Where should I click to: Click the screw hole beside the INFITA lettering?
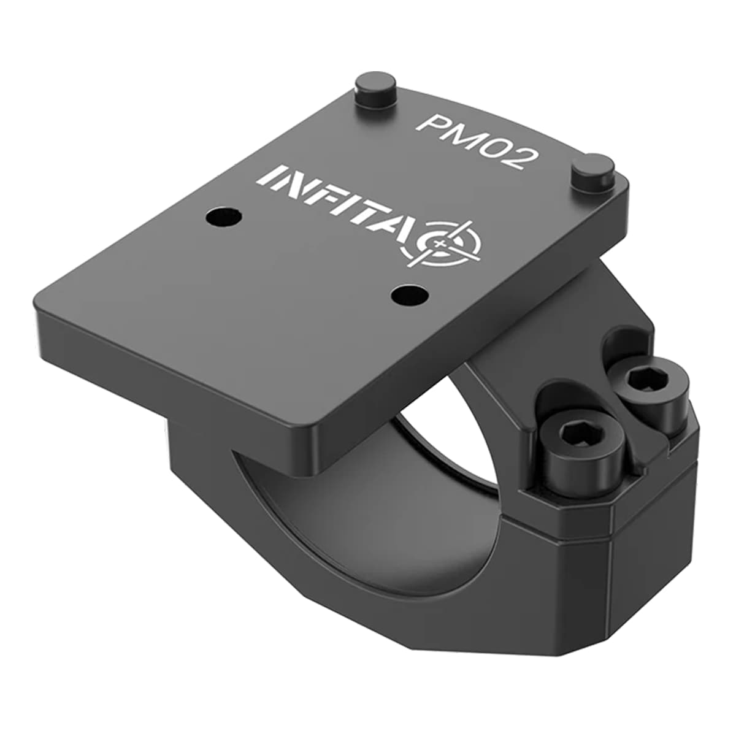(x=223, y=218)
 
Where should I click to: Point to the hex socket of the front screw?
(x=583, y=434)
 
